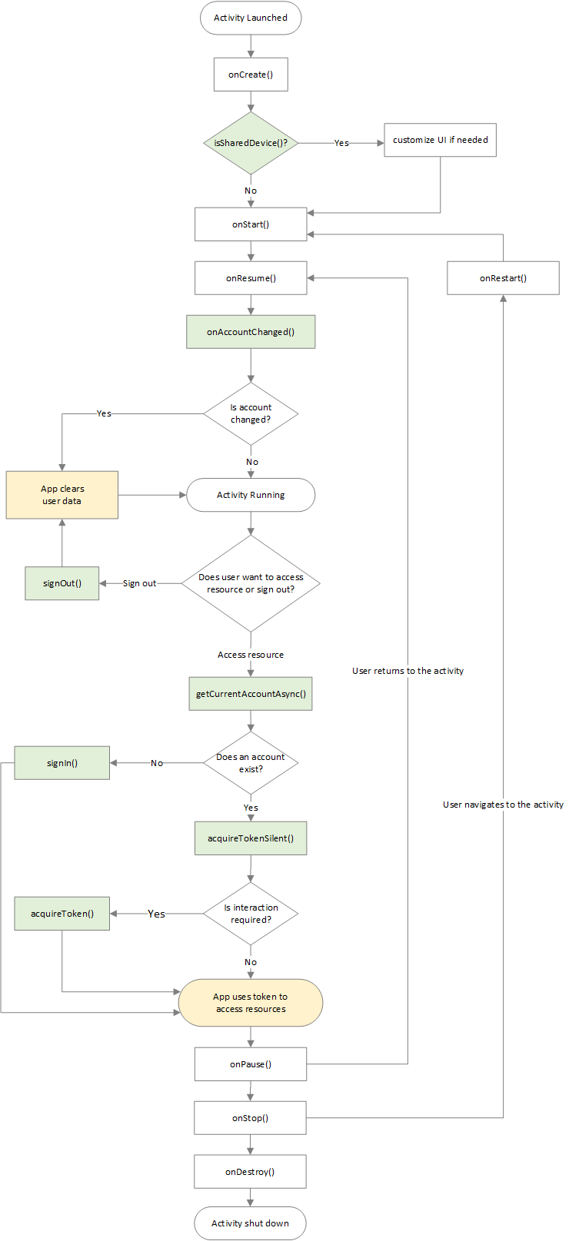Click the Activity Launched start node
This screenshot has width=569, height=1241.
coord(251,18)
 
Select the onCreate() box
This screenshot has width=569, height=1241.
coord(251,75)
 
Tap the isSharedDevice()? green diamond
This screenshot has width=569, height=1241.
coord(251,143)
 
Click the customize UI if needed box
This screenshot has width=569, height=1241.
coord(440,140)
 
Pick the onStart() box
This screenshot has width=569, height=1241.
coord(251,224)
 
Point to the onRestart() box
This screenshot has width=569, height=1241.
coord(503,278)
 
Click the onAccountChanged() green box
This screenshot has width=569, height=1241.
coord(251,332)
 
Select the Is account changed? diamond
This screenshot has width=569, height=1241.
coord(251,413)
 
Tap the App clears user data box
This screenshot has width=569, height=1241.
coord(62,495)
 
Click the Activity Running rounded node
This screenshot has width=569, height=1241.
coord(251,495)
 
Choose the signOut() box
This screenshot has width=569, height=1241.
coord(62,583)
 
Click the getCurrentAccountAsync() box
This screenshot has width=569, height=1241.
coord(251,694)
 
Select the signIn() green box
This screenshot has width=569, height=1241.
coord(62,763)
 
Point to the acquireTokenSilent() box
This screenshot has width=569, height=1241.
coord(251,838)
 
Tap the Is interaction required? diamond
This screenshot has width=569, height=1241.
coord(251,914)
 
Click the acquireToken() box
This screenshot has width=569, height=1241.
coord(62,914)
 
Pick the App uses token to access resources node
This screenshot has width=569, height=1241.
coord(251,1003)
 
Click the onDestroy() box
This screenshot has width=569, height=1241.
coord(250,1172)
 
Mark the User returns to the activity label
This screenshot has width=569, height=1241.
coord(408,671)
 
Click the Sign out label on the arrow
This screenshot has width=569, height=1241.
coord(139,583)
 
